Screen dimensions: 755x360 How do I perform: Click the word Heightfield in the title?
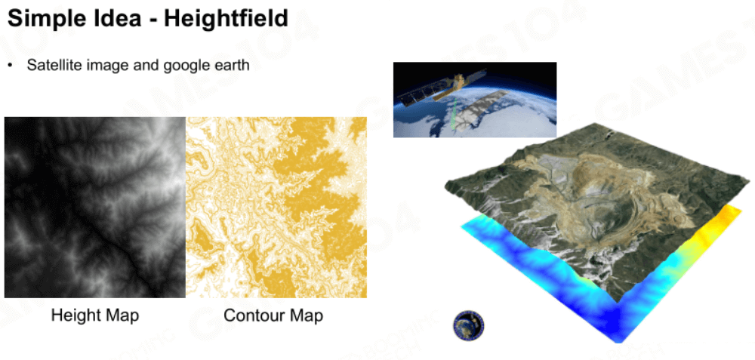click(226, 18)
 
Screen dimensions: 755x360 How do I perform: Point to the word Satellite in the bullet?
click(54, 65)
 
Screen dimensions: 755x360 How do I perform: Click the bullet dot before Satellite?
click(10, 66)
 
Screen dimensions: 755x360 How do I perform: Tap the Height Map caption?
click(95, 315)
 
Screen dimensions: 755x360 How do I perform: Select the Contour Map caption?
click(273, 315)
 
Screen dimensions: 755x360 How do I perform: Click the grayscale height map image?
click(95, 208)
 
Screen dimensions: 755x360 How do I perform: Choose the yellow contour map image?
click(276, 208)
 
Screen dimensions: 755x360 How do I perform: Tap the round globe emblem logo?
click(469, 326)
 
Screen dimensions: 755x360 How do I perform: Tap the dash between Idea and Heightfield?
click(151, 20)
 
